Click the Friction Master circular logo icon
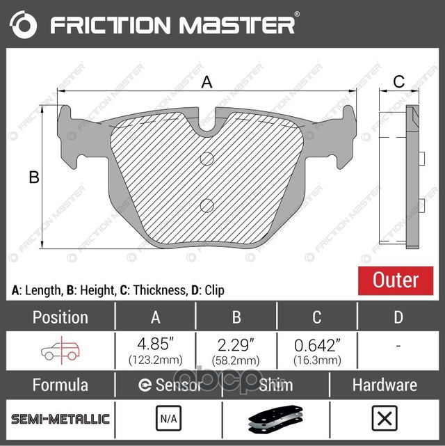22,26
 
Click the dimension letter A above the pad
207,83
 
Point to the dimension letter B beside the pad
33,177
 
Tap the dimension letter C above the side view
398,81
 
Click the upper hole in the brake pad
207,159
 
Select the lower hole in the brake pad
207,205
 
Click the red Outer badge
396,280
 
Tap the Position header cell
60,317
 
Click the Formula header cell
60,385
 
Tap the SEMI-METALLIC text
60,419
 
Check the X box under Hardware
384,419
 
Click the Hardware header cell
384,385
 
